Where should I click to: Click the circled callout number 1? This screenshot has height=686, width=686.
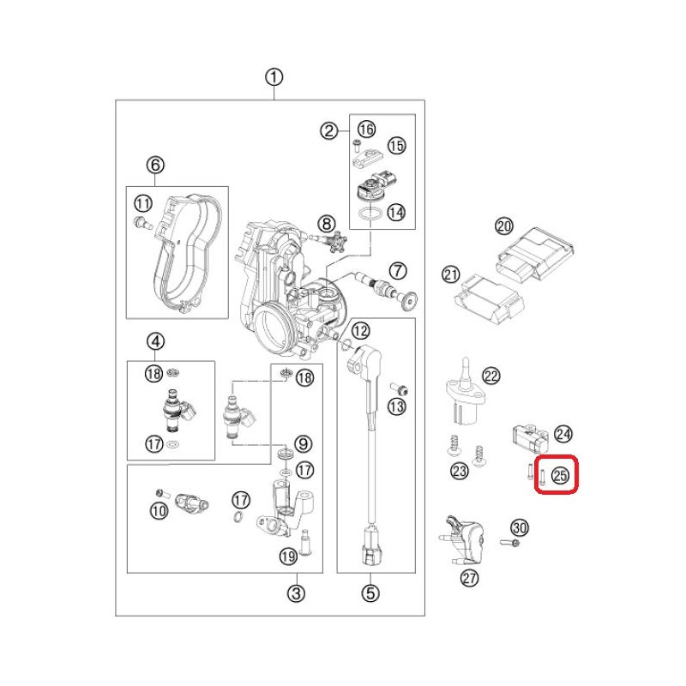point(274,77)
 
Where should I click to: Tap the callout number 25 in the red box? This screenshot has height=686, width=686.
point(560,475)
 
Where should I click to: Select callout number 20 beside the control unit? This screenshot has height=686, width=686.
point(504,226)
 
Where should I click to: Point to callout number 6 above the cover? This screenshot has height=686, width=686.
point(155,165)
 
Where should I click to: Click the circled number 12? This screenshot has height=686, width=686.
point(361,331)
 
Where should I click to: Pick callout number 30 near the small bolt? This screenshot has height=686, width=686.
point(520,527)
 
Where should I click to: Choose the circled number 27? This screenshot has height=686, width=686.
point(469,578)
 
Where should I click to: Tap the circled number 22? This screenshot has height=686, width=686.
point(490,376)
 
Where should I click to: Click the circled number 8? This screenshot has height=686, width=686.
point(327,224)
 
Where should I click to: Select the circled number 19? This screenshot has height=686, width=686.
point(288,557)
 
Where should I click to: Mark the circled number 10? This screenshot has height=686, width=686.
point(159,510)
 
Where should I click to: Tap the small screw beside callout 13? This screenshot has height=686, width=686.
point(399,388)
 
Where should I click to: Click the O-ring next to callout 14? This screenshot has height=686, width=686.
point(370,214)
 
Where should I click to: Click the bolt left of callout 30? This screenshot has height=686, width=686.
point(509,543)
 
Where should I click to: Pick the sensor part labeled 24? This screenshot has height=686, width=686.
point(530,438)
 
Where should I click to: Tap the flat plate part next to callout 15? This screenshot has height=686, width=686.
point(367,159)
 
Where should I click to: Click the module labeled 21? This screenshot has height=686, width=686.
point(489,298)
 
